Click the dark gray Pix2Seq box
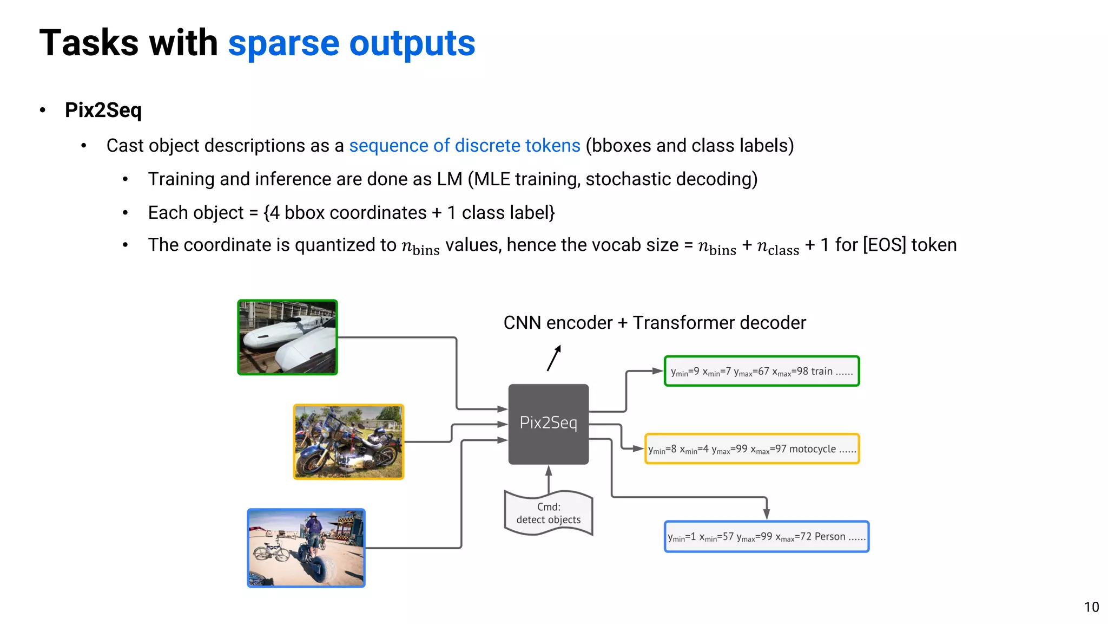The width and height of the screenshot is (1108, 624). click(x=548, y=424)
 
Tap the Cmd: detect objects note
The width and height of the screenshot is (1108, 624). click(x=548, y=513)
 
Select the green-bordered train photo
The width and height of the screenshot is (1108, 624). click(x=287, y=337)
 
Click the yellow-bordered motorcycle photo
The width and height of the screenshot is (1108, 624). click(x=348, y=441)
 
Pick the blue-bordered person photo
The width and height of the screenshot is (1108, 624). click(x=306, y=548)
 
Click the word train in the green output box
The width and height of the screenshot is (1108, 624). click(x=821, y=372)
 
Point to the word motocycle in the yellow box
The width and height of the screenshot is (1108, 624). click(x=812, y=449)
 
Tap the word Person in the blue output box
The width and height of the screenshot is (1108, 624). click(x=829, y=537)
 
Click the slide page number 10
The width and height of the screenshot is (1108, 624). click(x=1091, y=607)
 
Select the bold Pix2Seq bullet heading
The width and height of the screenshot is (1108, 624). click(x=103, y=110)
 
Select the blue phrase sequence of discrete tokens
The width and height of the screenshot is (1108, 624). click(x=464, y=146)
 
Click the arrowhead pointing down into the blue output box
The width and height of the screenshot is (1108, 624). click(x=767, y=514)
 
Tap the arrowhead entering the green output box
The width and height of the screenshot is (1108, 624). click(x=657, y=371)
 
